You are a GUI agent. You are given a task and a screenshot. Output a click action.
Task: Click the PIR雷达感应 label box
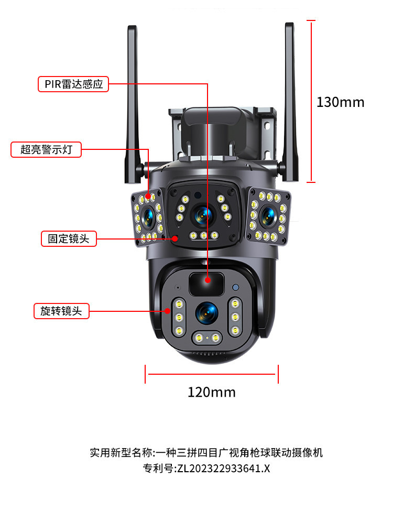point(73,84)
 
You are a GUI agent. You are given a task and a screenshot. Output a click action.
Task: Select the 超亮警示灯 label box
point(46,149)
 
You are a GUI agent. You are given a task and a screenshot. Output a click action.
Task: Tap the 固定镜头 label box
point(69,238)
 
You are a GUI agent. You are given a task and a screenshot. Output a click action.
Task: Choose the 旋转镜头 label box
point(61,311)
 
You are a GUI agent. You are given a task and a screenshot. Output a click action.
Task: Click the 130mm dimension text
point(340,102)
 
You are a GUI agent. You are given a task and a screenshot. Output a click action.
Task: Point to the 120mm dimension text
point(212,392)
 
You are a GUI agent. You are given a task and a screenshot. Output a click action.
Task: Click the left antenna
point(132,104)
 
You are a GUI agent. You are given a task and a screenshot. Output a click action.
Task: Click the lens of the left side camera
point(148,217)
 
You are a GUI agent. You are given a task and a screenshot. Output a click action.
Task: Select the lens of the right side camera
point(268,216)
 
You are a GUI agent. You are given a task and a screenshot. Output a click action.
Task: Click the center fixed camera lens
point(203,215)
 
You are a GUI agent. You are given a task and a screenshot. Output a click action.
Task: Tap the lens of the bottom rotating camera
point(206,313)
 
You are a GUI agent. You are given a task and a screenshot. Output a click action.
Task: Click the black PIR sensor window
point(206,284)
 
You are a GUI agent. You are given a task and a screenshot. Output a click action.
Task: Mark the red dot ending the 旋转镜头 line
point(167,311)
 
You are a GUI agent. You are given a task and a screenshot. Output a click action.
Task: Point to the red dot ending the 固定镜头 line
point(175,238)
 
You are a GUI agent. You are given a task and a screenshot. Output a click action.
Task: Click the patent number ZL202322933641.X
point(223,469)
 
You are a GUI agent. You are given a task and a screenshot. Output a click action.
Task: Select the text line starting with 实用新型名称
point(206,452)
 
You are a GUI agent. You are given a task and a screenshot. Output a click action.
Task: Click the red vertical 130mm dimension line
point(311,101)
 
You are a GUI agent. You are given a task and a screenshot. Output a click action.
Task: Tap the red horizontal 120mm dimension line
point(212,374)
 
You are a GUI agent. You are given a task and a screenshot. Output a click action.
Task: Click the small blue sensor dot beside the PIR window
point(236,287)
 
